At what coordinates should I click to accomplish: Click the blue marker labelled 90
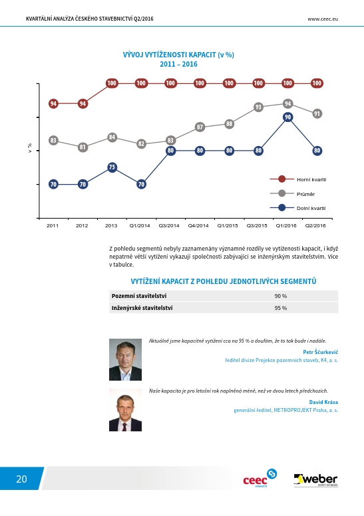coord(287,117)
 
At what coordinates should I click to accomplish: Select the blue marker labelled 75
coord(112,167)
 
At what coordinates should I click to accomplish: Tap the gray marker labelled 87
coord(200,127)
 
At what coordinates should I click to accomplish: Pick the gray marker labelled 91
coord(317,114)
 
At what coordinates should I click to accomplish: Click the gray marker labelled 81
coord(83,147)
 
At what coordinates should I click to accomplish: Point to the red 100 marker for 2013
coord(112,83)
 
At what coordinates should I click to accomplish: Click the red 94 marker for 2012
coord(83,103)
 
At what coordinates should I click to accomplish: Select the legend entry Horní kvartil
coord(298,179)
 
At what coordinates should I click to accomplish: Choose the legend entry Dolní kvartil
coord(298,208)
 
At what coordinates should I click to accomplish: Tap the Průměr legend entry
coord(292,194)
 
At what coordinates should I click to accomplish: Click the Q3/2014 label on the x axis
coord(169,226)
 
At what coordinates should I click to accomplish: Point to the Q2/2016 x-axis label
coord(315,226)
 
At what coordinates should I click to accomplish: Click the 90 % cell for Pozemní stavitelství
coord(281,296)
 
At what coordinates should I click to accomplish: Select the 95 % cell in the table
coord(281,308)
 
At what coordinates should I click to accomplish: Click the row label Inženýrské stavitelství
coord(142,308)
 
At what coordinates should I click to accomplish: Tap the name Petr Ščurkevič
coord(320,352)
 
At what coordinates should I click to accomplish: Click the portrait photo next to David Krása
coord(125,410)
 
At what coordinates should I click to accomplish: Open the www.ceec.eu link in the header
coord(323,19)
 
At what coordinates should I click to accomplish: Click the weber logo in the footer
coord(315,481)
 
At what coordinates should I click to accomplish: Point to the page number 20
coord(21,479)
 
